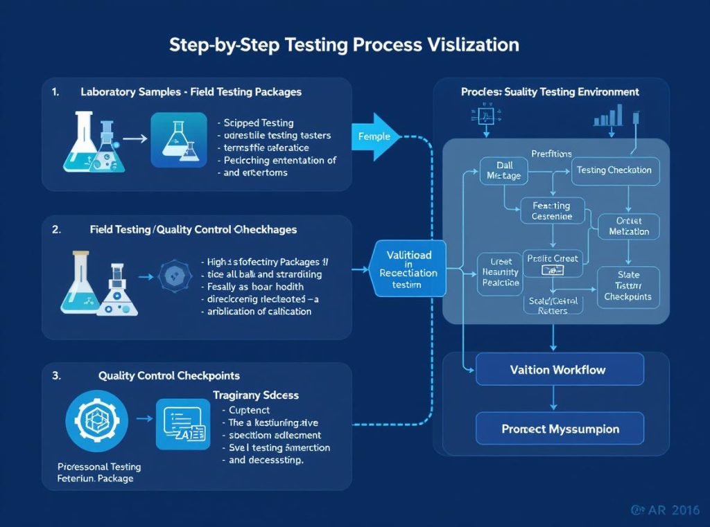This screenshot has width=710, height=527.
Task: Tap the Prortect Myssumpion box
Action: (559, 429)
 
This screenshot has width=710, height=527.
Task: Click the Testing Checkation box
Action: (614, 170)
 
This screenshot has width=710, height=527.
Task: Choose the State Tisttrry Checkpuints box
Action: (627, 285)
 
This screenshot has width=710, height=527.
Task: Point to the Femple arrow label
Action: (375, 136)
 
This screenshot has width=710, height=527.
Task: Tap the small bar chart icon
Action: (607, 116)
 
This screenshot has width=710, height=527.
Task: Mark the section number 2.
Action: (56, 229)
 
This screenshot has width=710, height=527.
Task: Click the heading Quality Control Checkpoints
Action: (168, 375)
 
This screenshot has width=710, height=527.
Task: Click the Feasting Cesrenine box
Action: (552, 211)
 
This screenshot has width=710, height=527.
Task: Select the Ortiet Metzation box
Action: (628, 226)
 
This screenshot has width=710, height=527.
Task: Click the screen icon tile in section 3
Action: (182, 424)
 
